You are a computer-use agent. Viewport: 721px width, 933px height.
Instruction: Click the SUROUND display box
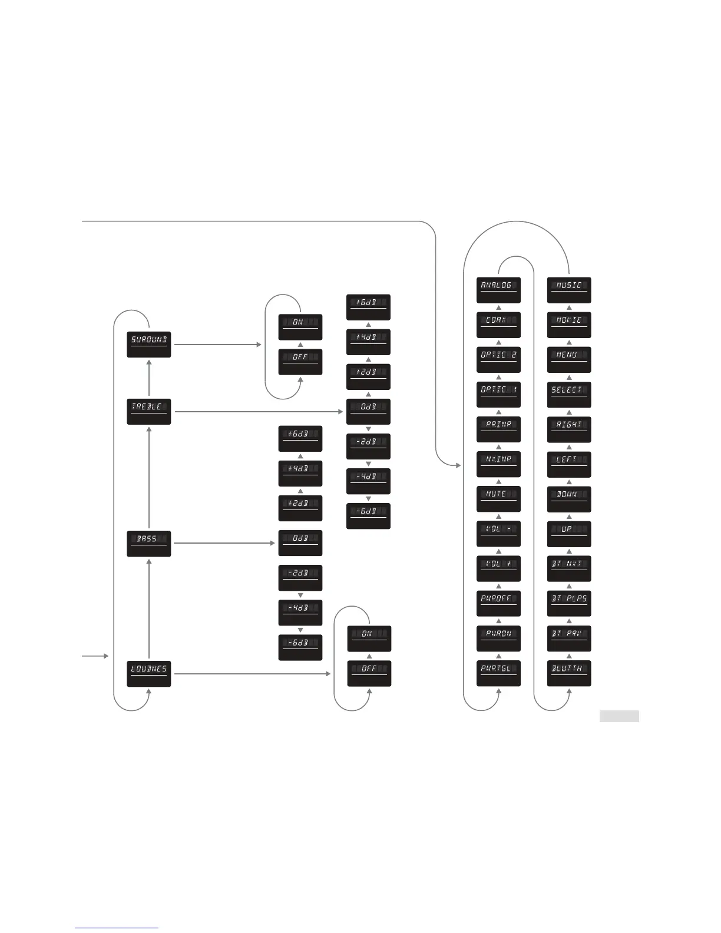click(x=149, y=344)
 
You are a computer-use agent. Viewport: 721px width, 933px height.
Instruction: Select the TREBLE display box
click(x=149, y=411)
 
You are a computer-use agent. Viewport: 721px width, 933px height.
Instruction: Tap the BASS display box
click(x=149, y=543)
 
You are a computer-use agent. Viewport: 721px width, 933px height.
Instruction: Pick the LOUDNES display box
click(x=149, y=673)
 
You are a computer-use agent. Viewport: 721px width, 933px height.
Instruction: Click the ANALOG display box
click(x=498, y=290)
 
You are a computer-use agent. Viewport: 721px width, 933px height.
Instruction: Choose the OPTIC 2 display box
click(x=498, y=359)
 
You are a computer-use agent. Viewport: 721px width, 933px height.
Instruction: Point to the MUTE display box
click(x=498, y=499)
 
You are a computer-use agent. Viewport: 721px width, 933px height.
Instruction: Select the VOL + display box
click(x=498, y=568)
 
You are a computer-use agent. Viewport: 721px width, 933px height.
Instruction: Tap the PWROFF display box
click(x=498, y=603)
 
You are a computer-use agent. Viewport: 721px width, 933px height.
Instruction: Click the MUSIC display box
click(x=569, y=290)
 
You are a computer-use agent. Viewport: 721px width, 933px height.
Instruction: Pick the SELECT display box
click(x=569, y=394)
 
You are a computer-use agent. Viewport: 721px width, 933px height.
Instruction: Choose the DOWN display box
click(x=569, y=499)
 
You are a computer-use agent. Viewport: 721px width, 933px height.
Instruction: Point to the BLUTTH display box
click(x=569, y=673)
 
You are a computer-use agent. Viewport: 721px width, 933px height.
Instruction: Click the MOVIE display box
click(x=569, y=325)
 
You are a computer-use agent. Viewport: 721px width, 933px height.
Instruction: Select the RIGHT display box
click(x=569, y=429)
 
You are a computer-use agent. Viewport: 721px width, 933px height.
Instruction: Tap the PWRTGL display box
click(x=498, y=673)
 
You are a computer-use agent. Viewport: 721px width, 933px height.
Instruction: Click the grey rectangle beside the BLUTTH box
click(x=619, y=716)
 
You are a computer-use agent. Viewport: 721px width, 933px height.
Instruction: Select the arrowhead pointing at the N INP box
click(x=458, y=465)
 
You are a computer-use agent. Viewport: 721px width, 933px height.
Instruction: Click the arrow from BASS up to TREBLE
click(x=149, y=477)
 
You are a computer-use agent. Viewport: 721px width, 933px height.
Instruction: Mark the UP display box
click(x=569, y=534)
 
